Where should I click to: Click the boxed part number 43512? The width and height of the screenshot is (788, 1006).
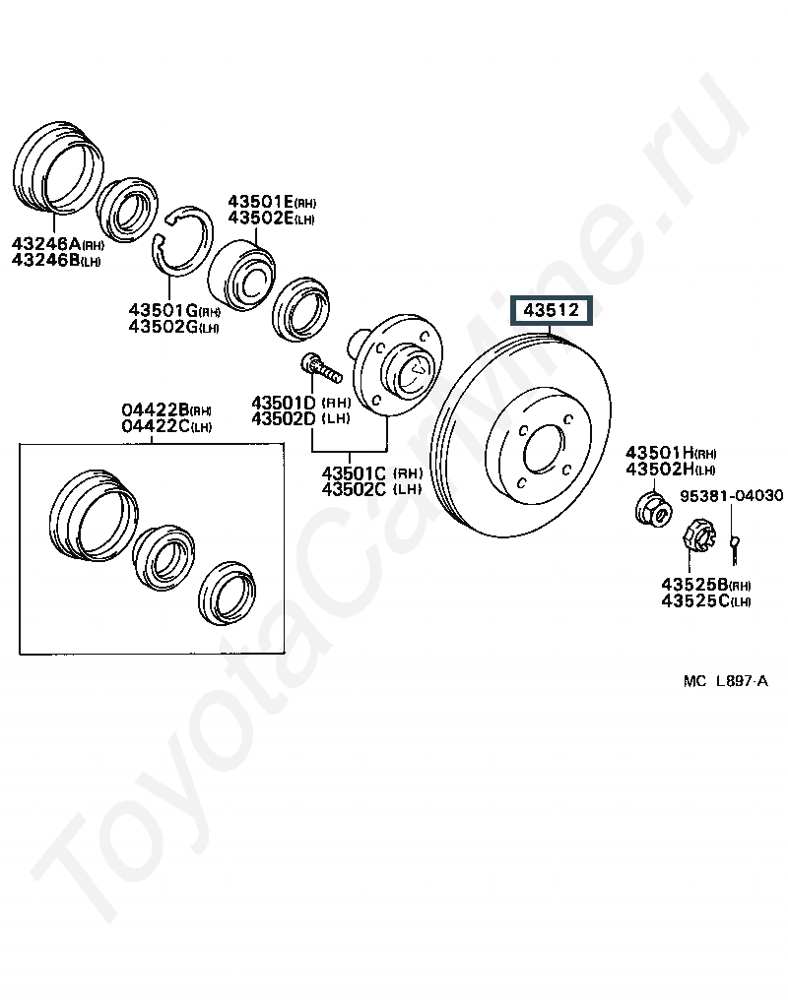(552, 310)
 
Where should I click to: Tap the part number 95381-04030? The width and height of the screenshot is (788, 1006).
(732, 495)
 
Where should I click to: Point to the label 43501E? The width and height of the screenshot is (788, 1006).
(261, 202)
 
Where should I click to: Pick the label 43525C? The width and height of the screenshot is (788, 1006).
(694, 601)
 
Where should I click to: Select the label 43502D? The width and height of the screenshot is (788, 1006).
(284, 418)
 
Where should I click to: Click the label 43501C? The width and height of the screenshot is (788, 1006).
(354, 473)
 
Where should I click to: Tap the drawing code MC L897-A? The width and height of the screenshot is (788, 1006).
(726, 681)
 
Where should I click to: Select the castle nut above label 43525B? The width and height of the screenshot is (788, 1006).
(698, 535)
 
